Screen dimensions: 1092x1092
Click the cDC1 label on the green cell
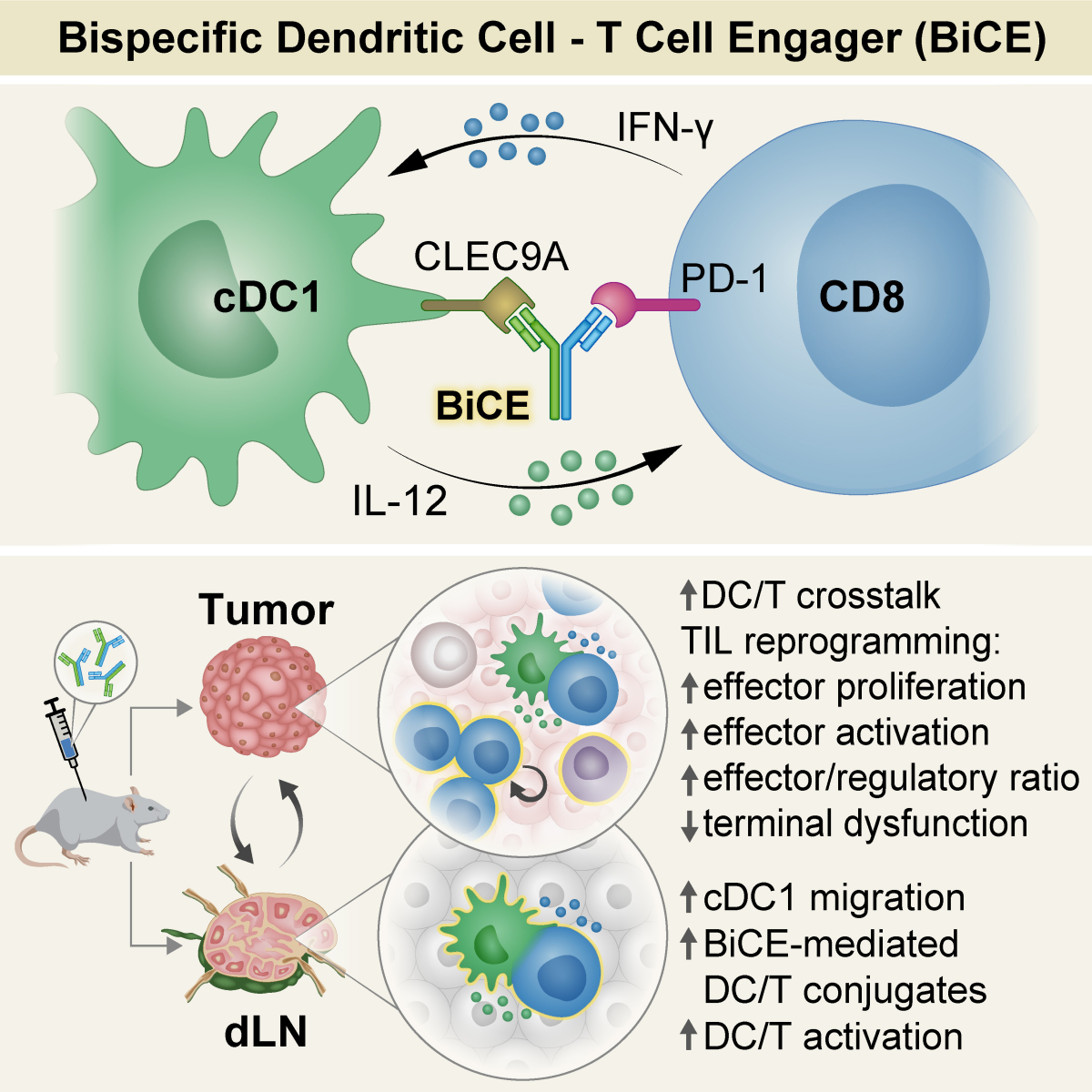click(x=267, y=298)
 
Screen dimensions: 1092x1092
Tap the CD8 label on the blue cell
click(x=861, y=298)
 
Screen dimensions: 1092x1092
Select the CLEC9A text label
click(x=490, y=258)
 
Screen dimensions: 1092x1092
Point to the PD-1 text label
click(x=723, y=278)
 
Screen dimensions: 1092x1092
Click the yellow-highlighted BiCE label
click(x=482, y=406)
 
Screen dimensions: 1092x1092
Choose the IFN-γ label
click(x=664, y=128)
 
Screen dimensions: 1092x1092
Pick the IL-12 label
click(x=399, y=500)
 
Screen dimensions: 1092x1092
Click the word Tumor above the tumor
click(x=266, y=610)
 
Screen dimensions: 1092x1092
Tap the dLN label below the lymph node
click(x=265, y=1032)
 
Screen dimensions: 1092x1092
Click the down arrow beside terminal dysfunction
click(x=690, y=825)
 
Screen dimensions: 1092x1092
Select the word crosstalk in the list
click(x=868, y=596)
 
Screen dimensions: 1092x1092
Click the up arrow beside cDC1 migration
click(x=690, y=898)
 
